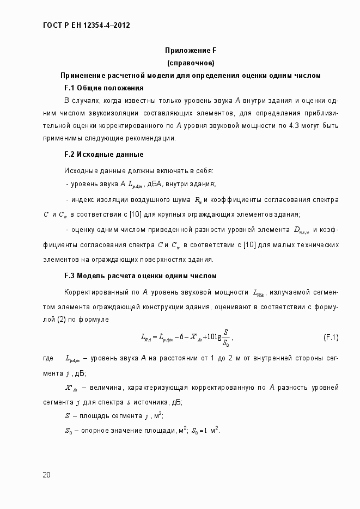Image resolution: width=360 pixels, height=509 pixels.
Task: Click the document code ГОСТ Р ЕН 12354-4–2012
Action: click(x=86, y=26)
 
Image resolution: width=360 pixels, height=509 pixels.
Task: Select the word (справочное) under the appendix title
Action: click(x=191, y=63)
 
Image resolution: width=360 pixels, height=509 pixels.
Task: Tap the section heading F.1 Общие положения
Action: click(x=103, y=88)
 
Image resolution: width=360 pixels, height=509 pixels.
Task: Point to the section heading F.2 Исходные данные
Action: click(x=103, y=154)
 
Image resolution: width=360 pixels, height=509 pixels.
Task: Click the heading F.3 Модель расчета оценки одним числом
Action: click(x=141, y=275)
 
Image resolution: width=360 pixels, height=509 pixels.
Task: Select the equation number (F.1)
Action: click(x=331, y=338)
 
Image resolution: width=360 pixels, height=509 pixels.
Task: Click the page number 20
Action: click(x=47, y=475)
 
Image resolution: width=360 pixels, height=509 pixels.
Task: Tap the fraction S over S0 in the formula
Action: click(x=225, y=338)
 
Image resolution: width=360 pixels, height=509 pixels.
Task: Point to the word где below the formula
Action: click(x=47, y=358)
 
